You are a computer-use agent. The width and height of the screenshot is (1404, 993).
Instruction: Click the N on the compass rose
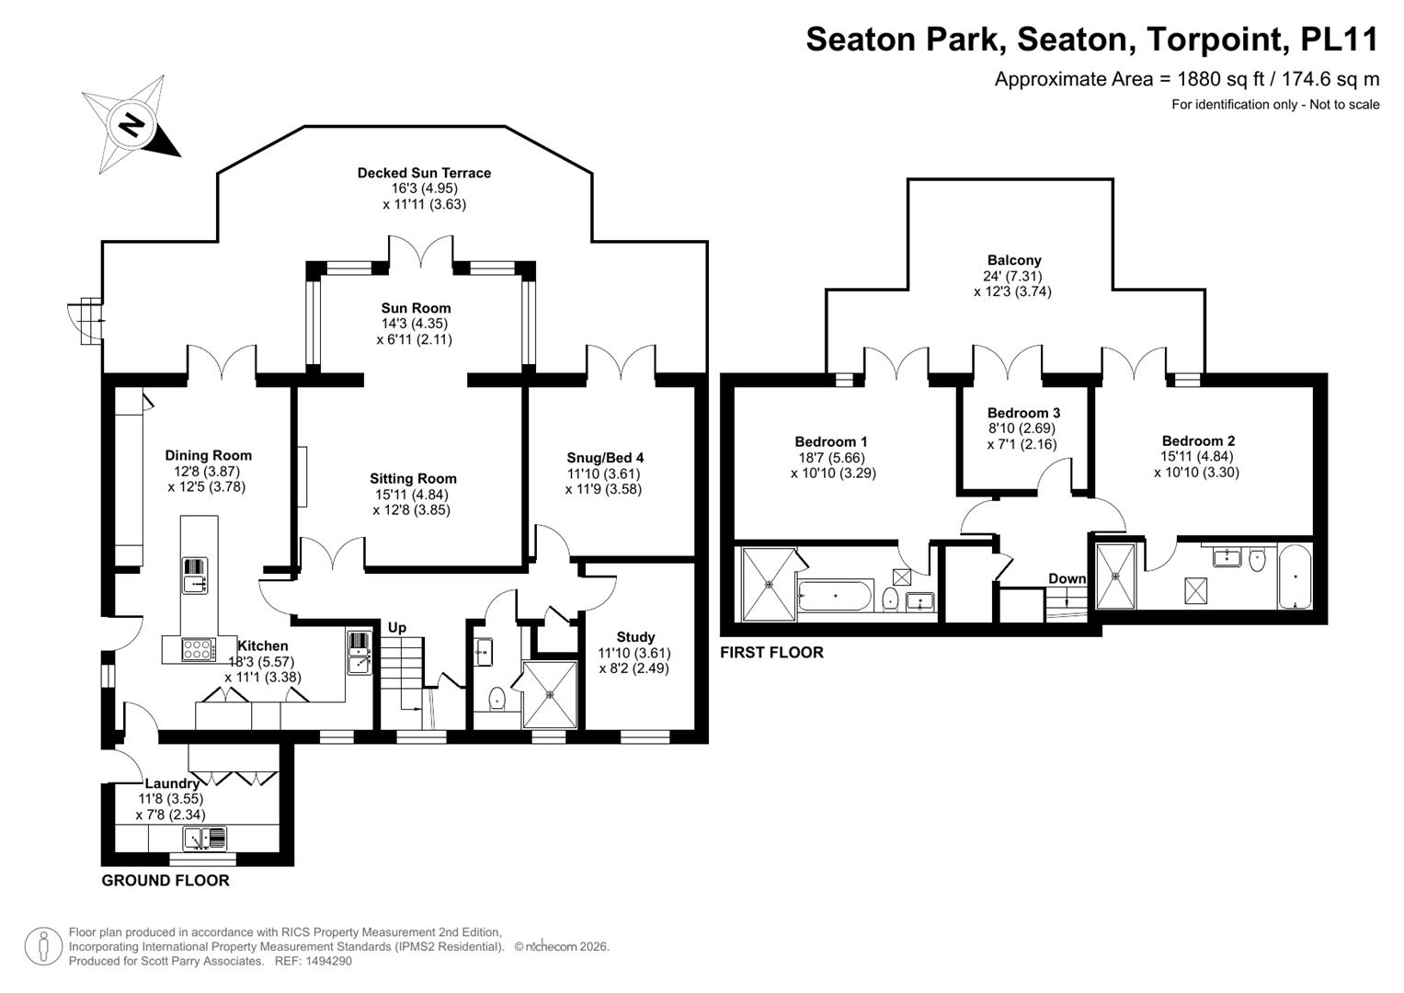click(131, 124)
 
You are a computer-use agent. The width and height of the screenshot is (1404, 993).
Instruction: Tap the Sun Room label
click(416, 308)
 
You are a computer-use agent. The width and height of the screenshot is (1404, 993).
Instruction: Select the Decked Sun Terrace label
click(424, 173)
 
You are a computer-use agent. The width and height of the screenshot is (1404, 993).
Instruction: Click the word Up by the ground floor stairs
click(397, 627)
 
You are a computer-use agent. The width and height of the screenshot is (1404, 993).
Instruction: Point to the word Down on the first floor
click(1067, 578)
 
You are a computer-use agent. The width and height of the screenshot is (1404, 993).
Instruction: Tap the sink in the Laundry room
click(204, 839)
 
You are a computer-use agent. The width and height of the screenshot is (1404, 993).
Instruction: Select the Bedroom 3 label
click(1023, 413)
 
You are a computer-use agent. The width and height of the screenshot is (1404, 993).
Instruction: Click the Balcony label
click(1014, 260)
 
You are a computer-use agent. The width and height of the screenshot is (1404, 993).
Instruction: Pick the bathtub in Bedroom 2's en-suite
click(1295, 576)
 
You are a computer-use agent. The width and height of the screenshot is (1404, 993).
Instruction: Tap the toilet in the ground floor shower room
click(497, 698)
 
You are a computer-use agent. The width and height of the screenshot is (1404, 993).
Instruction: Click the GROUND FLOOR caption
click(166, 880)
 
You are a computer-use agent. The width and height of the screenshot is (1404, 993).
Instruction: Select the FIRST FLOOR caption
click(771, 652)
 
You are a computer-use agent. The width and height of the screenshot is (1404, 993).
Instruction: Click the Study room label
click(635, 637)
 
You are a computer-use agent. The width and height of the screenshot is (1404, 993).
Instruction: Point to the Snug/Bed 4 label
click(605, 458)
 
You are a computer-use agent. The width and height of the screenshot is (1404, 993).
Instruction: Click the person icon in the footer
click(43, 947)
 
